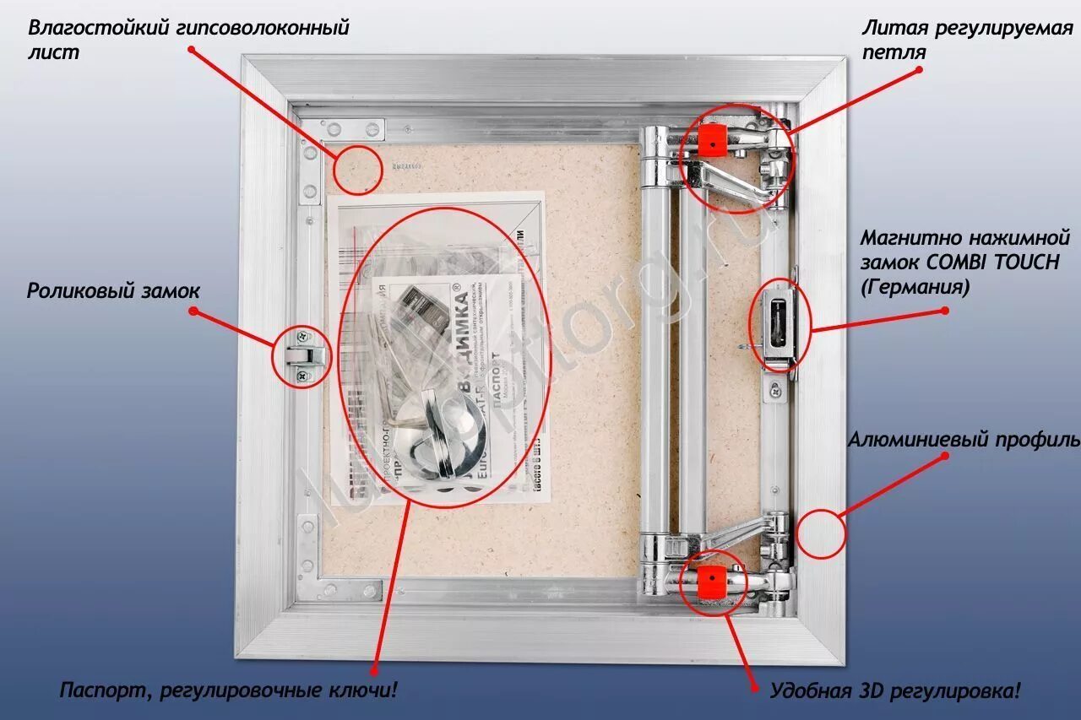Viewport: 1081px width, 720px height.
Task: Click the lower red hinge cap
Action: pos(712,581)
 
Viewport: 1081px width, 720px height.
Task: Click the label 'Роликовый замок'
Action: pos(113,291)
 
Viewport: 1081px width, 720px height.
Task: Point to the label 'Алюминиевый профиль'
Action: pos(964,440)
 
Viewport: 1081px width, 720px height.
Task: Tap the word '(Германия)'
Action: pos(915,287)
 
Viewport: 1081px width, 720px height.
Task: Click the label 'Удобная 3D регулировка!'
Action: pos(895,691)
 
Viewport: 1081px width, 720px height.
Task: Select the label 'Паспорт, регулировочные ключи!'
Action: pos(228,690)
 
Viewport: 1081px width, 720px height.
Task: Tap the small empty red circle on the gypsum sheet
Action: pos(356,170)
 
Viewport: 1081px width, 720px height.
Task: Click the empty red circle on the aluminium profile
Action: pos(821,533)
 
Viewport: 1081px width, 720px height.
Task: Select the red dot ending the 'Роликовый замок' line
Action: pos(193,311)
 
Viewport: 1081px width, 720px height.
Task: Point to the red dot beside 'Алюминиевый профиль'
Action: pos(945,456)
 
